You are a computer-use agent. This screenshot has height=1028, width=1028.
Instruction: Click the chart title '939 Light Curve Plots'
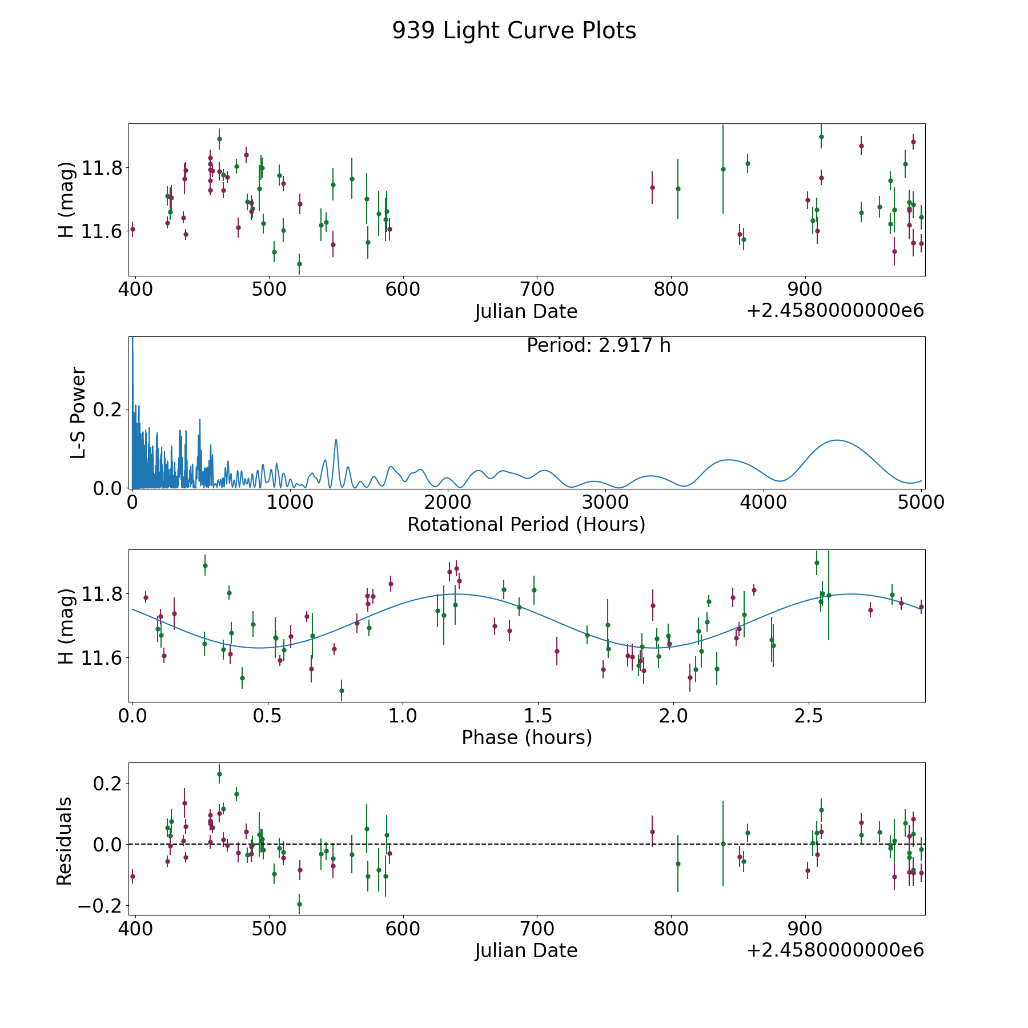(x=513, y=31)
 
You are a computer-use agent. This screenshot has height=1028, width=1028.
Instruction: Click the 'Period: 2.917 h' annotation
(x=598, y=346)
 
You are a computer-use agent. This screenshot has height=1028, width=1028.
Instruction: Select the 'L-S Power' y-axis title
(x=78, y=412)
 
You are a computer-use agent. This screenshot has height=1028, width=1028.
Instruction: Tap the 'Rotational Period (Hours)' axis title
(x=526, y=524)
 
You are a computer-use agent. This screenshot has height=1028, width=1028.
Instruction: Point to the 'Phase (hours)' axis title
(x=526, y=737)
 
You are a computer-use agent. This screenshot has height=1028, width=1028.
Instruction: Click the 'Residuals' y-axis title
(x=65, y=841)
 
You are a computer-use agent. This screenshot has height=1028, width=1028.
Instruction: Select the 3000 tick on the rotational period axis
(x=605, y=503)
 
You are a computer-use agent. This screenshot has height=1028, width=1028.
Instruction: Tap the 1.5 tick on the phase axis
(x=538, y=716)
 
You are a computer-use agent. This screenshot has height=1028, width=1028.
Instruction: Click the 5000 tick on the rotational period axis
(x=921, y=503)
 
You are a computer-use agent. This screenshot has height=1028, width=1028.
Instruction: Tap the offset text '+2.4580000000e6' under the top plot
(x=835, y=311)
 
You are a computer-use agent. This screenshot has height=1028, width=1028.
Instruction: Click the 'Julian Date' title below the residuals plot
(x=526, y=950)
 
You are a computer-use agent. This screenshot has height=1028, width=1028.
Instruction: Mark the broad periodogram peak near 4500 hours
(x=837, y=440)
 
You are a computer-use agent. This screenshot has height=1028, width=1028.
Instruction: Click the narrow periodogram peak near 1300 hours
(x=336, y=440)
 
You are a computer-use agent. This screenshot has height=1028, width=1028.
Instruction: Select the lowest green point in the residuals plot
(x=299, y=904)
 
